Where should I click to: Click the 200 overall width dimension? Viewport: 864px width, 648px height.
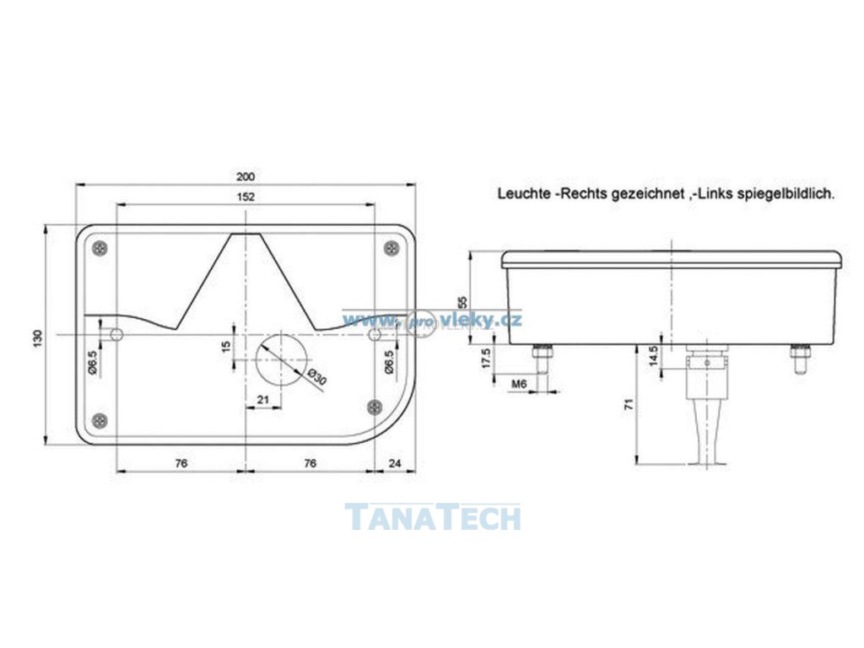246,176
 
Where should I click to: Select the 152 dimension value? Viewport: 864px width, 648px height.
246,197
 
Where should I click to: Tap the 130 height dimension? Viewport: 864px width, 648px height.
37,337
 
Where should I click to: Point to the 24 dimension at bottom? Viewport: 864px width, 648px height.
394,463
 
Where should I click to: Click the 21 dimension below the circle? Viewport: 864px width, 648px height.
263,400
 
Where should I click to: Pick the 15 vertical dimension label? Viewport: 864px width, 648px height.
226,347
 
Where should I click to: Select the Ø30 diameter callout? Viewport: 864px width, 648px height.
317,377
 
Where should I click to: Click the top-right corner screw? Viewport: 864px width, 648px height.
391,248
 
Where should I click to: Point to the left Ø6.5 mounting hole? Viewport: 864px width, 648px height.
117,335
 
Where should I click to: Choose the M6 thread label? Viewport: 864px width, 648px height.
520,385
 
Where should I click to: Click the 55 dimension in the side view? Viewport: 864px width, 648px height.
462,301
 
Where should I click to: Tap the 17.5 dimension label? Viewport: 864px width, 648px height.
484,358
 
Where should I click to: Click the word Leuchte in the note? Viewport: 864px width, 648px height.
523,193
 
